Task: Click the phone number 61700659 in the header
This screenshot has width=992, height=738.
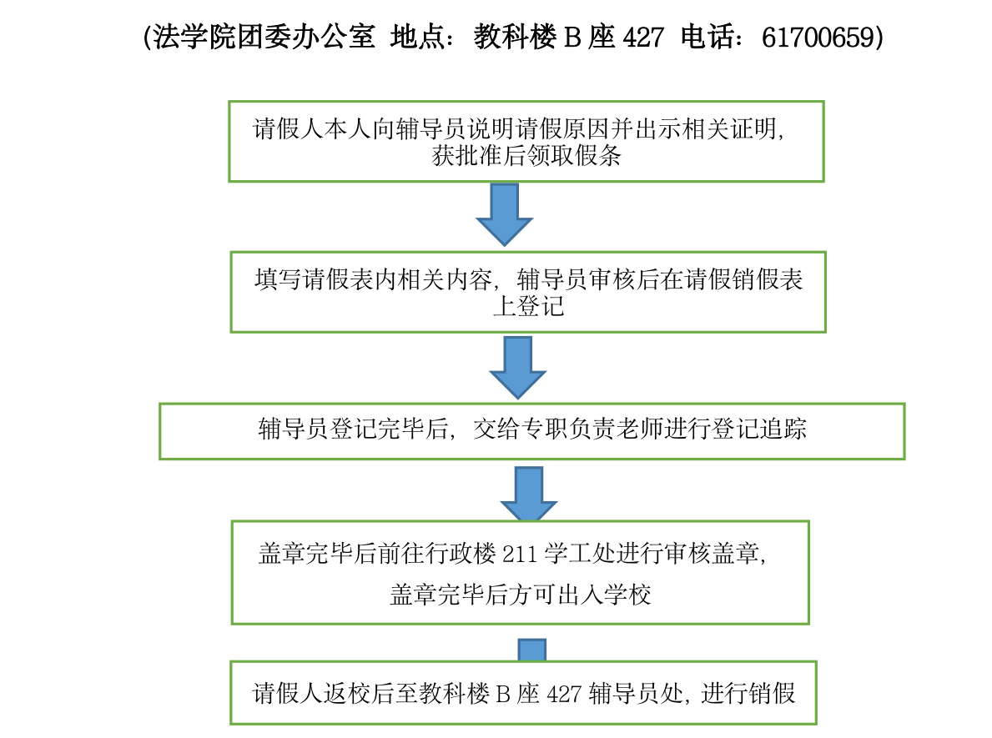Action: coord(818,38)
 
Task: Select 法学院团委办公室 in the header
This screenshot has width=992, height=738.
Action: coord(264,38)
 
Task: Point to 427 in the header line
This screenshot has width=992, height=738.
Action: coord(643,38)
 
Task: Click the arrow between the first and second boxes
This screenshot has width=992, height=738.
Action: coord(504,213)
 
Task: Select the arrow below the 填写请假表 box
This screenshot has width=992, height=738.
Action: coord(517,368)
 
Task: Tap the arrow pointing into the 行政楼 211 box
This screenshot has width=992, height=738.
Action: coord(529,494)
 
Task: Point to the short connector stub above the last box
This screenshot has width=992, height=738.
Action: coord(532,650)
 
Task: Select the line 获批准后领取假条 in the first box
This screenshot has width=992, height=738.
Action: coord(526,156)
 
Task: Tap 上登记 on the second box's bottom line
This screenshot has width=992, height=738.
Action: coord(528,307)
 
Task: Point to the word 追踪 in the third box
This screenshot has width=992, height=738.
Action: coord(783,429)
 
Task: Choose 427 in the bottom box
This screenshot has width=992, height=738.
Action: coord(564,694)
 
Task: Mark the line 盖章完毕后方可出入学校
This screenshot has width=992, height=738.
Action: coord(520,595)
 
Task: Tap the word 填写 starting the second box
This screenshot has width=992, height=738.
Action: coord(279,279)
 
